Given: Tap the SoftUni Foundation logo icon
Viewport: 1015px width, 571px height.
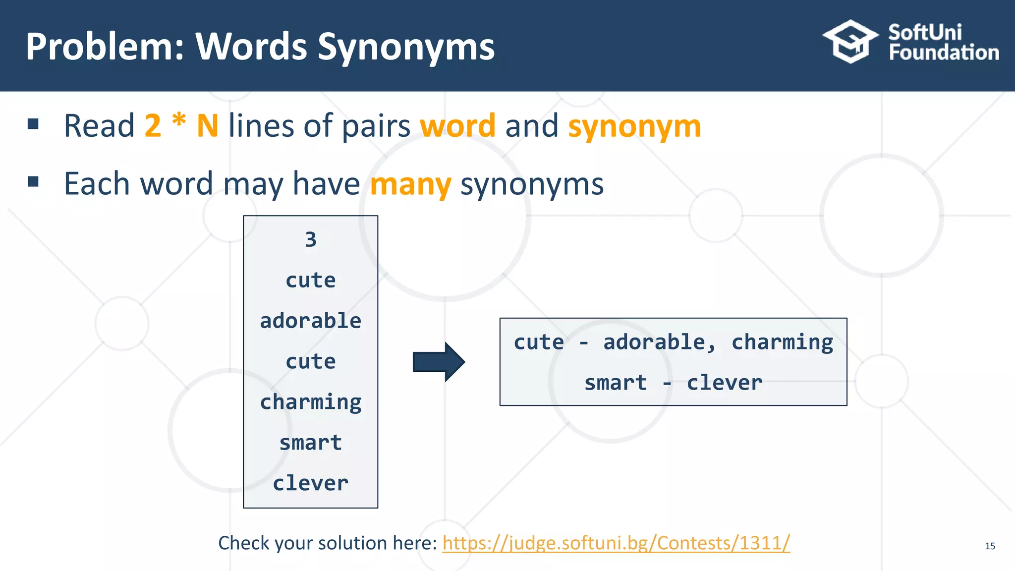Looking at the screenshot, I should [850, 42].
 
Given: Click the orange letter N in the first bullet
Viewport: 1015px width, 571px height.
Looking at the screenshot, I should [207, 126].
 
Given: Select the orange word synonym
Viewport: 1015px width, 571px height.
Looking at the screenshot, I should [634, 126].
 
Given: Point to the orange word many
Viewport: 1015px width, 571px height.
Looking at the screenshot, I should [410, 184].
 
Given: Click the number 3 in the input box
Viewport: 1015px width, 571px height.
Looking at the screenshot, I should [311, 240].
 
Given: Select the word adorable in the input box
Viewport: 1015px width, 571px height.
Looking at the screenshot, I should [311, 321].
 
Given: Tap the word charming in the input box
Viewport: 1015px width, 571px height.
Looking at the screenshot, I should [311, 402].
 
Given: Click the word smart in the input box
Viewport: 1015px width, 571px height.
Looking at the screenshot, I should [311, 443].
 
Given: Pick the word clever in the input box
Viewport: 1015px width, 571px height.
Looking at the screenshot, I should [311, 483].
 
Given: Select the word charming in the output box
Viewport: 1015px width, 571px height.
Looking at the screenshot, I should [782, 343].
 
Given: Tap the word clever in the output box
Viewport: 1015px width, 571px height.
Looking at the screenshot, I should [724, 383].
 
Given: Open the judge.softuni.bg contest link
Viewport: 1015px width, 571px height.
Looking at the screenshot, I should [616, 543].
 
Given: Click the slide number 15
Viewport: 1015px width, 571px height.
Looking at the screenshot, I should [990, 546].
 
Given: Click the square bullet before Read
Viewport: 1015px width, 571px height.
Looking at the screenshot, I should [33, 124].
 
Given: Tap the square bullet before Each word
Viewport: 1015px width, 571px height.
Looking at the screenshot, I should [33, 181].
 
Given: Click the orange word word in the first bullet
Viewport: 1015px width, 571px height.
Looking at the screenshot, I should [457, 126].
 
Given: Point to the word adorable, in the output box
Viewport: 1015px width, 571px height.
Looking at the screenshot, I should [659, 343].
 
